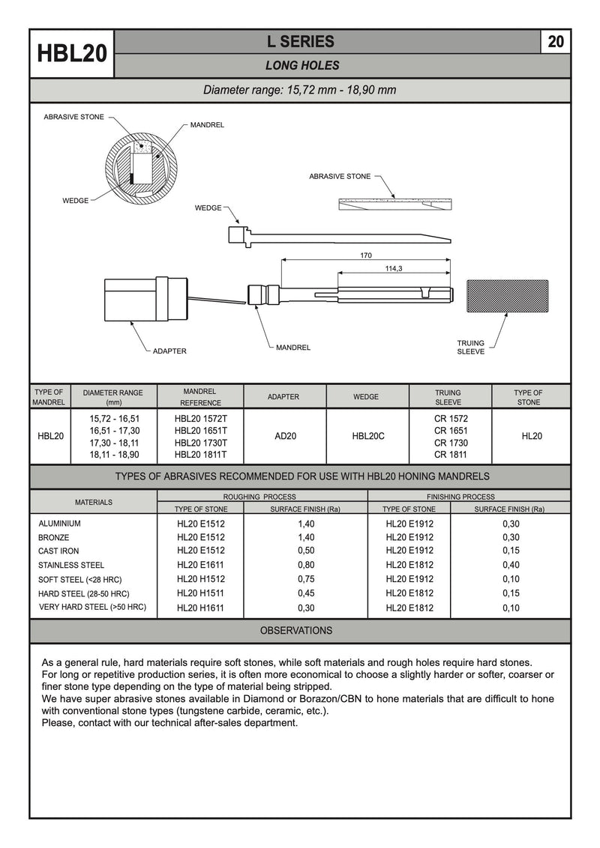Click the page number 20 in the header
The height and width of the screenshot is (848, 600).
(x=556, y=42)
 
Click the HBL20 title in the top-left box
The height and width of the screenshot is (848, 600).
(x=72, y=55)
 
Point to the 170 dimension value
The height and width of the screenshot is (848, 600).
(x=365, y=255)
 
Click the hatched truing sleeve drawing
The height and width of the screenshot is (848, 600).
(x=508, y=297)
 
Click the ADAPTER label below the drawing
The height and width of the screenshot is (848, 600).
(x=169, y=351)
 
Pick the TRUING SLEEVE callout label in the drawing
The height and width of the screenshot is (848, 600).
(x=470, y=347)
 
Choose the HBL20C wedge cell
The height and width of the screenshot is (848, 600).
(x=367, y=436)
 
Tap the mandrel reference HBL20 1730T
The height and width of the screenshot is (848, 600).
(x=200, y=443)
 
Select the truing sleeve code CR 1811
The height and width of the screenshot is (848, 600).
(x=450, y=454)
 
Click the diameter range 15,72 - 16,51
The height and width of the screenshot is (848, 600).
(x=114, y=419)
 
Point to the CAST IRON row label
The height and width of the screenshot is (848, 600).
(x=58, y=551)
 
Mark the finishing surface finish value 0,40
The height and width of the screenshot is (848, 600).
(x=510, y=566)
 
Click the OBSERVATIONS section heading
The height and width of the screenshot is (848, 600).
(x=296, y=631)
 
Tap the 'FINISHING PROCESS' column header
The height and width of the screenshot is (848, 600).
(x=460, y=497)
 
